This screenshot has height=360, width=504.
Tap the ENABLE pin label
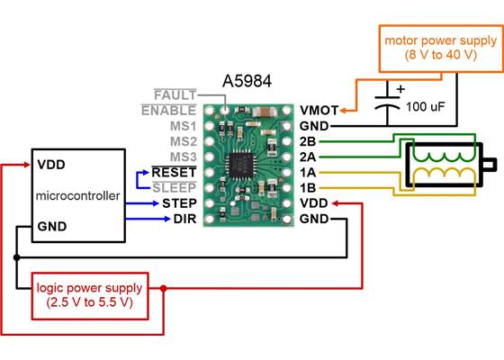pos(170,110)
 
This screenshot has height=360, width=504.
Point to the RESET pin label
pos(175,172)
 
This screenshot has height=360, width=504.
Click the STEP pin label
pos(178,203)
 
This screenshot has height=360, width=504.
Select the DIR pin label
pos(184,219)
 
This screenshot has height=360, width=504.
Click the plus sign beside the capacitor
pos(400,89)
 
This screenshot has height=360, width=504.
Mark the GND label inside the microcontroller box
pos(50,227)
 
